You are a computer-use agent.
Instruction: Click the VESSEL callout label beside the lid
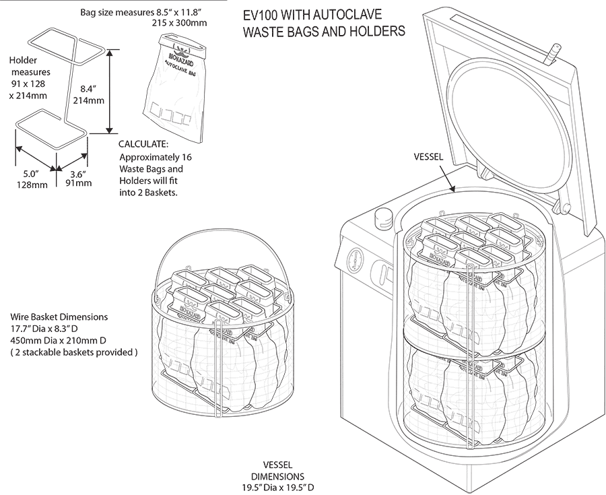point(428,157)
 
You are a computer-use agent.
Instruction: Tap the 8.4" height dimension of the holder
point(92,89)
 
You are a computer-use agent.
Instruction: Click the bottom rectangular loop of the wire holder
point(50,131)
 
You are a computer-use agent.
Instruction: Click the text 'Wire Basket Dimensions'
point(59,317)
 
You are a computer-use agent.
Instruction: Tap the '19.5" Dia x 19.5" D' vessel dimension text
point(279,487)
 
